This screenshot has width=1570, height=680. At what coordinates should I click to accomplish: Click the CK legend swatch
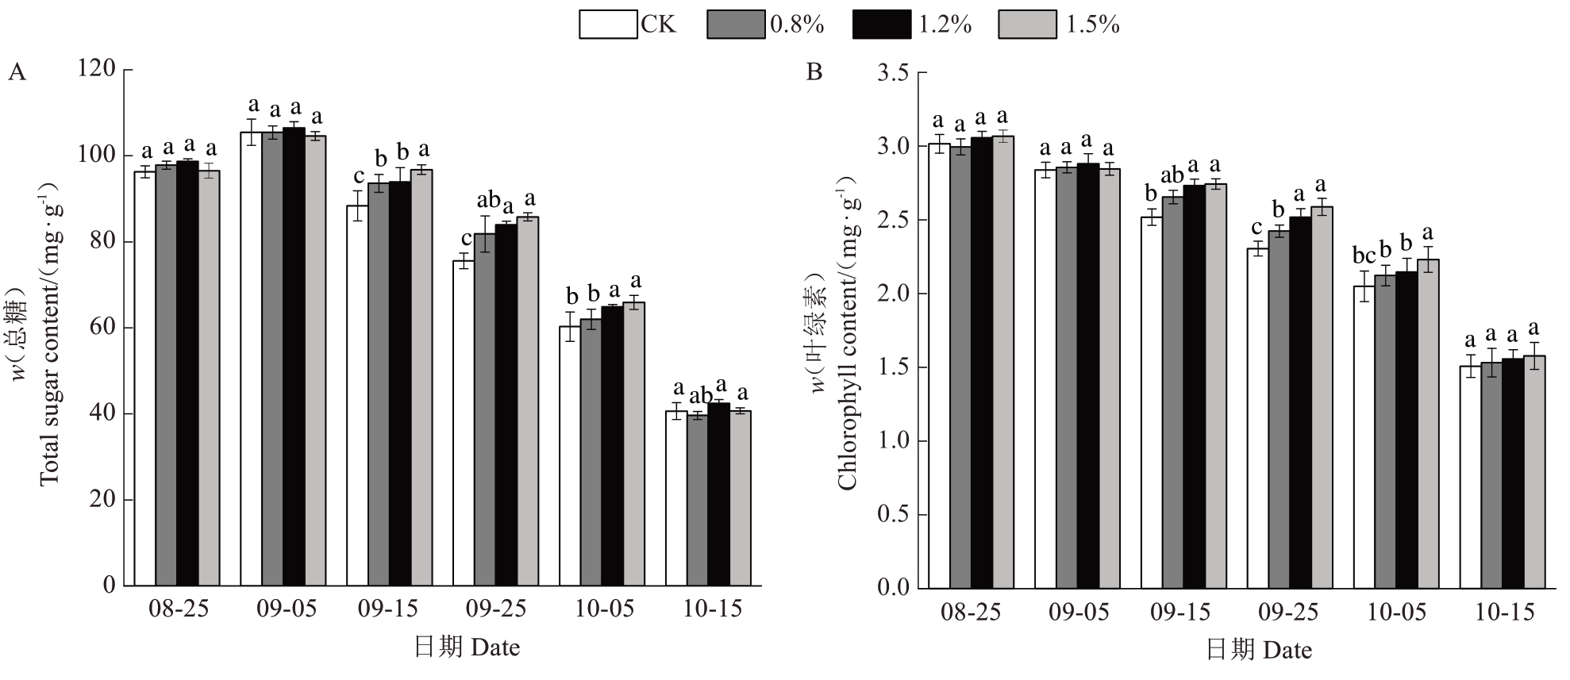(608, 25)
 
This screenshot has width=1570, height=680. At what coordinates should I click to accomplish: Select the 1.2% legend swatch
(882, 25)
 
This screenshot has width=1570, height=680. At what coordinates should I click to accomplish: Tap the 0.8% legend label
(797, 25)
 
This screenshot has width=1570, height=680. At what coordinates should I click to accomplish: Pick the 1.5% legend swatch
(1027, 25)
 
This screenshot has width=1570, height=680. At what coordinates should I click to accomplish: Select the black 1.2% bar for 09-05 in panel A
(294, 356)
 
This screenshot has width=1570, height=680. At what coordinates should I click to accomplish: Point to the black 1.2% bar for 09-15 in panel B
(1194, 388)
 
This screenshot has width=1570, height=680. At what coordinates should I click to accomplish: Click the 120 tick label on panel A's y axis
(97, 69)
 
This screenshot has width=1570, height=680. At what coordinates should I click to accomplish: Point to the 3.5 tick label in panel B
(892, 74)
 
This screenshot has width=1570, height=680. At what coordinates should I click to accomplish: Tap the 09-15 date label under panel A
(388, 609)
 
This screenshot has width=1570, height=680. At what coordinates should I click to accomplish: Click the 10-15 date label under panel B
(1505, 613)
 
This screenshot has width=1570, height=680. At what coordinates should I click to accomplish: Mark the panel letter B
(814, 73)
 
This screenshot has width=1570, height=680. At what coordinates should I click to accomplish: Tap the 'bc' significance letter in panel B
(1364, 256)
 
